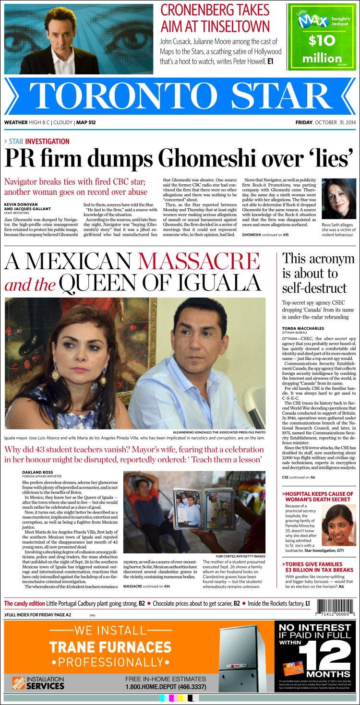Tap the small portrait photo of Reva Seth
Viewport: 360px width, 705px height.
(338, 199)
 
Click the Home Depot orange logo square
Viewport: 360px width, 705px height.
(14, 683)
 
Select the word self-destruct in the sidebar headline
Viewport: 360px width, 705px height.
(314, 288)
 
